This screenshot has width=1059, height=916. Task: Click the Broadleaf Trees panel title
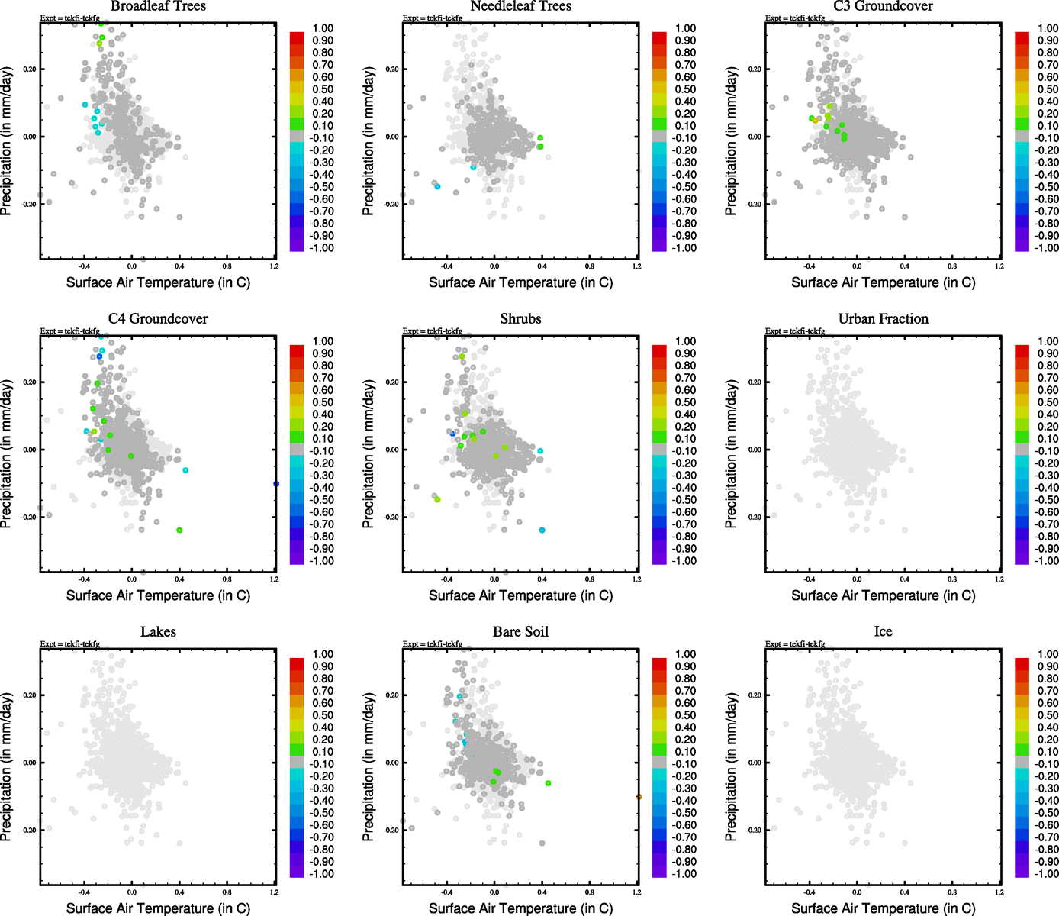point(158,6)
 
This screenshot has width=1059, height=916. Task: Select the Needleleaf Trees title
point(520,6)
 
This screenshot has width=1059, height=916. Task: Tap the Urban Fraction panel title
point(883,319)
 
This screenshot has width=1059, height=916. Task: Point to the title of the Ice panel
point(883,632)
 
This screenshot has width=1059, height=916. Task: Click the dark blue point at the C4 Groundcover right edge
point(275,484)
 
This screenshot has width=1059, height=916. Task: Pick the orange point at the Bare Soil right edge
point(638,797)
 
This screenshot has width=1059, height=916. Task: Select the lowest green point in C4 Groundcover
point(179,530)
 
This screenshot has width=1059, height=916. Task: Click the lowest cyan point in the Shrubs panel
point(542,530)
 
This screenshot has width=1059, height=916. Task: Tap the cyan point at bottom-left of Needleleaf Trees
point(437,186)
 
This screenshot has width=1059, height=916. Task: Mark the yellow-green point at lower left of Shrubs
point(437,499)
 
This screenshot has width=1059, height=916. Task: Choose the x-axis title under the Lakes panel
point(158,908)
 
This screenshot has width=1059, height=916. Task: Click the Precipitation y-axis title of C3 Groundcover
point(731,141)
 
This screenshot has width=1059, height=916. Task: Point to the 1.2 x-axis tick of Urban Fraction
point(999,579)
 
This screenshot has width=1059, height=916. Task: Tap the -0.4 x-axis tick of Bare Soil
point(446,892)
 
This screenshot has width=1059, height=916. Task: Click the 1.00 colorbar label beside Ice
point(1048,654)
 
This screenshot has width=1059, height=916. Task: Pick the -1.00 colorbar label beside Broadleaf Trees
point(321,248)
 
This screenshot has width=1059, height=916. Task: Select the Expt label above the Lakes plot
point(70,644)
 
